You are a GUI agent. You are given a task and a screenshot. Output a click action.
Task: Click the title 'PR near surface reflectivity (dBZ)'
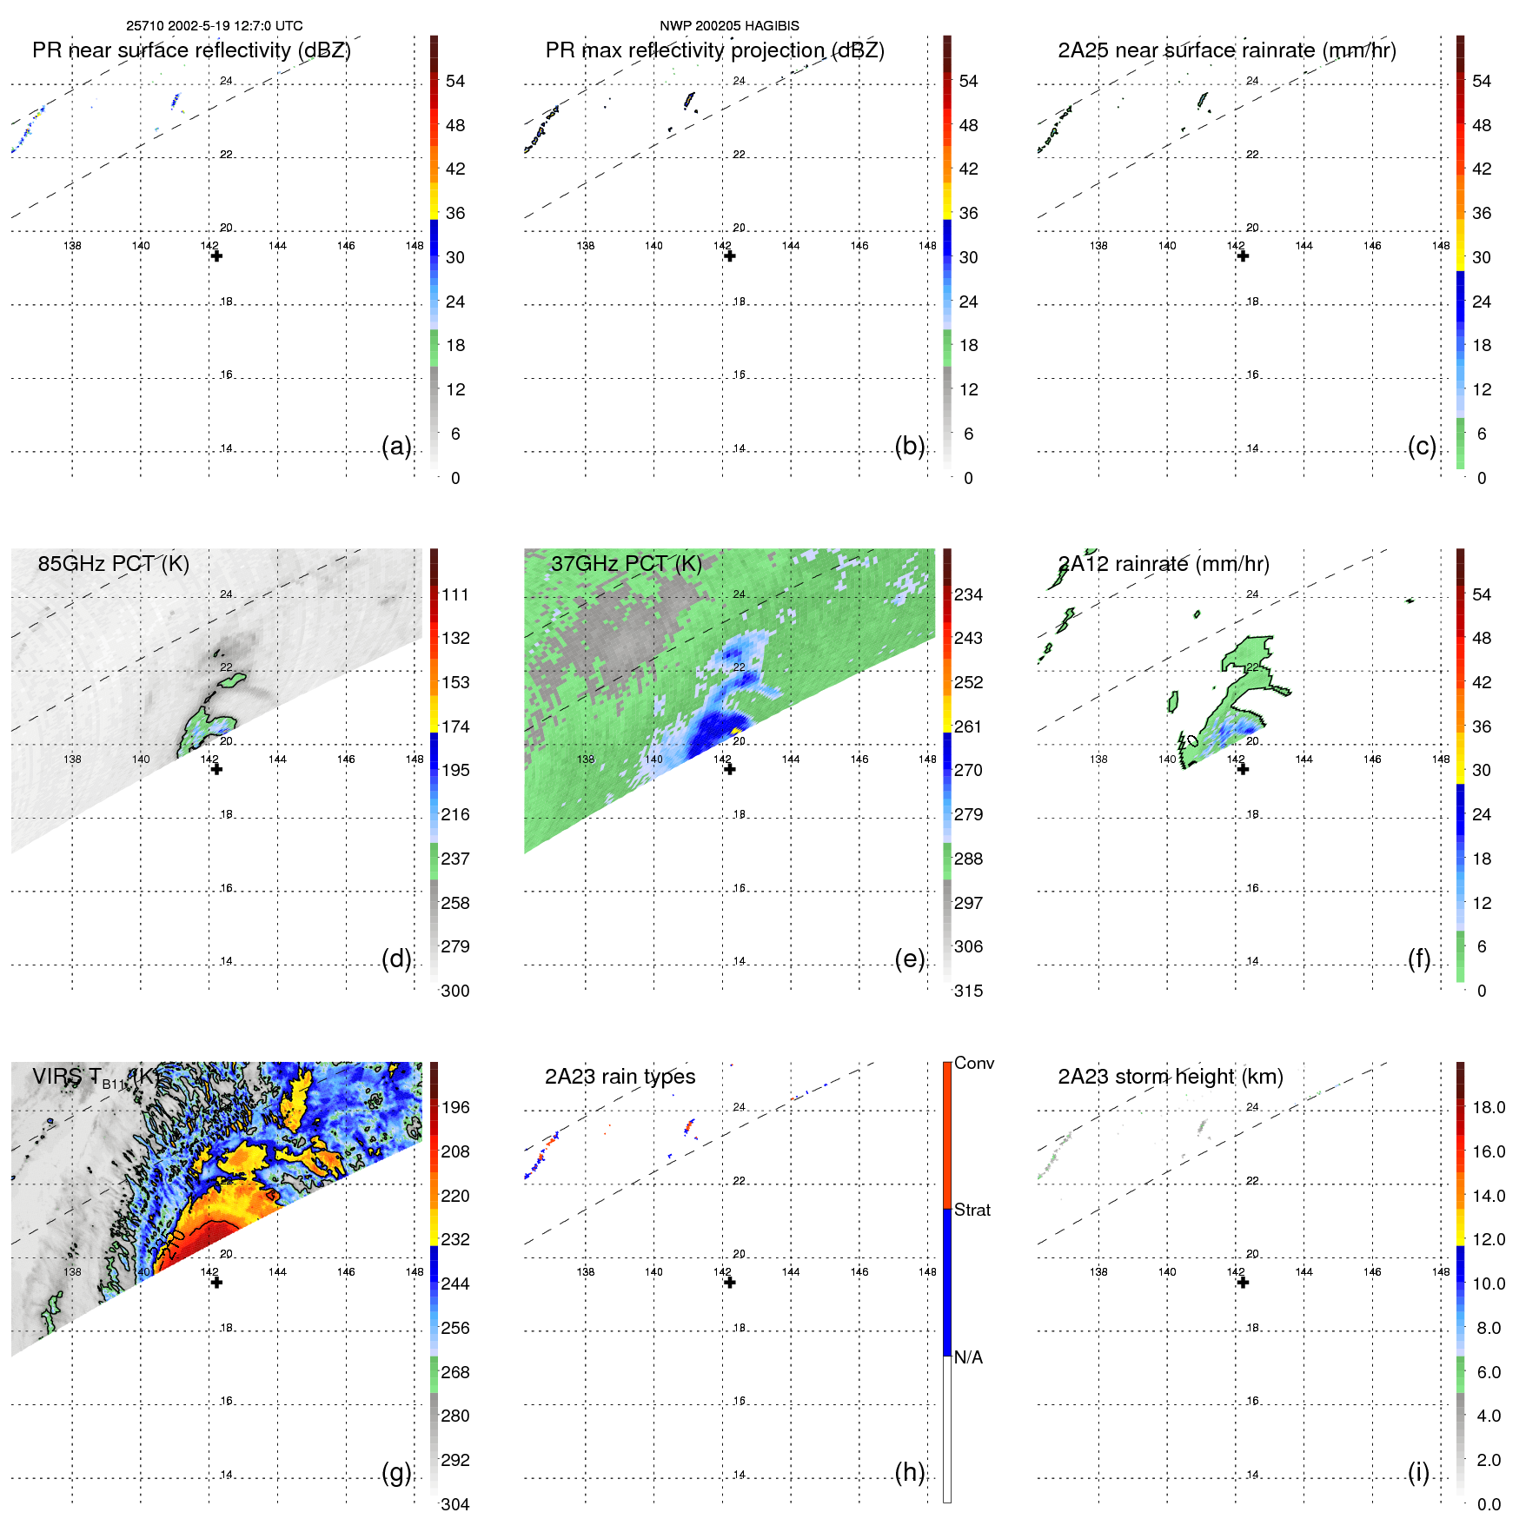[x=191, y=50]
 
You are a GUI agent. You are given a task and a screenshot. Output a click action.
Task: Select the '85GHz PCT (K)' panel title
[x=113, y=564]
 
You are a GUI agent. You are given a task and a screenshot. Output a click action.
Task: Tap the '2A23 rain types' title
[x=620, y=1077]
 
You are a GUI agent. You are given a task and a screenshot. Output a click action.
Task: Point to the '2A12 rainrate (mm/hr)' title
[x=1164, y=564]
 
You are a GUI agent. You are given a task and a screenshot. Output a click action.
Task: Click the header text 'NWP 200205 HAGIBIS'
[x=729, y=26]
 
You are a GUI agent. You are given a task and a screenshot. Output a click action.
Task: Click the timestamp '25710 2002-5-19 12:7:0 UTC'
[x=215, y=26]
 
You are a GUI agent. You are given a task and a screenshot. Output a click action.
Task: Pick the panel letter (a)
[x=396, y=446]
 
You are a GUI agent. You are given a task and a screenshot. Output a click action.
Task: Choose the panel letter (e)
[x=909, y=959]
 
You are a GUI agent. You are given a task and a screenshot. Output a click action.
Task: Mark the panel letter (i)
[x=1418, y=1472]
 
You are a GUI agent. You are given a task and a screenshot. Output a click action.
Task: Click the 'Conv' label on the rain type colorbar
[x=974, y=1063]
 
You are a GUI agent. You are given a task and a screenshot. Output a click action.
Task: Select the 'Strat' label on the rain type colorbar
[x=972, y=1210]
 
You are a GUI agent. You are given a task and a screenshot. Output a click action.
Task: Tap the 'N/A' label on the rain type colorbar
[x=968, y=1357]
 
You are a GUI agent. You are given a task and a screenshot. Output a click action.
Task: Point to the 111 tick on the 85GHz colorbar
[x=455, y=594]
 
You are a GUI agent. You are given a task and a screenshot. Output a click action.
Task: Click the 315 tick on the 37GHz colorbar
[x=968, y=991]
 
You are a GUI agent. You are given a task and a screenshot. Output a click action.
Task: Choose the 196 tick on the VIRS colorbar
[x=455, y=1107]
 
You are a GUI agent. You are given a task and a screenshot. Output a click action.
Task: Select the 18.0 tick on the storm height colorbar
[x=1489, y=1107]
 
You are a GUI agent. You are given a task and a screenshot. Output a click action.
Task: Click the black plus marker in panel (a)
[x=216, y=256]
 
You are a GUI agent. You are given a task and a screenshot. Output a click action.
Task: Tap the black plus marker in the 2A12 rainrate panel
[x=1243, y=769]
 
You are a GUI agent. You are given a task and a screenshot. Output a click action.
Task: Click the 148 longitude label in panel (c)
[x=1441, y=246]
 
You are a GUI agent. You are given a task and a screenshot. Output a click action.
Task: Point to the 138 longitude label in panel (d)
[x=72, y=759]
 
